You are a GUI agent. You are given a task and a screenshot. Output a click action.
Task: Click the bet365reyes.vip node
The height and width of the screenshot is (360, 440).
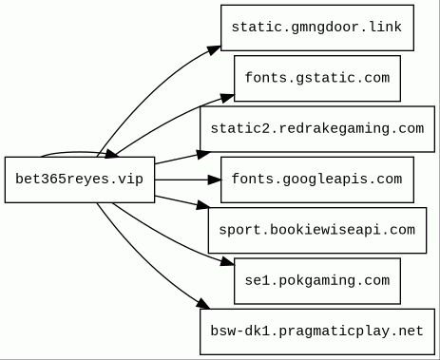click(80, 180)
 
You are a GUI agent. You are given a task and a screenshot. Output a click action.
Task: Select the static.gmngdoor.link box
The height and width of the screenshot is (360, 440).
click(317, 28)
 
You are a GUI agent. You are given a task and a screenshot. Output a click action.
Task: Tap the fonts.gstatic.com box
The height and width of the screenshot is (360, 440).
click(317, 78)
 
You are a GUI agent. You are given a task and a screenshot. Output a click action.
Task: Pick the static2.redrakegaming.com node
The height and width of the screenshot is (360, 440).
click(317, 129)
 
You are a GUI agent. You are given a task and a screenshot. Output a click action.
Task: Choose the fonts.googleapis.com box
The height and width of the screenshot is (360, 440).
click(317, 180)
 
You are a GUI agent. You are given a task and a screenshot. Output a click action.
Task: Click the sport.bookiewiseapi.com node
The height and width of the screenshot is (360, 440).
click(317, 230)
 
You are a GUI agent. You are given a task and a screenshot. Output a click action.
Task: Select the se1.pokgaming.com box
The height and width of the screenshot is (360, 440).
click(317, 281)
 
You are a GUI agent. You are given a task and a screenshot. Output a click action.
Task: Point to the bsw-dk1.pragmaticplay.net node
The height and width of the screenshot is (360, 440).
click(317, 332)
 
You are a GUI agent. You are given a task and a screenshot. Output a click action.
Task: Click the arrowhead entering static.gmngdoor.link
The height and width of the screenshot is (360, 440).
click(214, 50)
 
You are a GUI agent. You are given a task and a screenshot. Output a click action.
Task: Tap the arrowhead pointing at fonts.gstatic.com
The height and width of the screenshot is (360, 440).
click(227, 98)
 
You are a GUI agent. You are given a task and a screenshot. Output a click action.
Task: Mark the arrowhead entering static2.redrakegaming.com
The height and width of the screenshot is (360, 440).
click(203, 154)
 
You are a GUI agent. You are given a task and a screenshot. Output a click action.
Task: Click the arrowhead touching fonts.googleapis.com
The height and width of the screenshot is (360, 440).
click(215, 180)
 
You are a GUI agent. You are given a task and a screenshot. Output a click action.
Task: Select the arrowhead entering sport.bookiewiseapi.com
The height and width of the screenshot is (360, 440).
click(203, 205)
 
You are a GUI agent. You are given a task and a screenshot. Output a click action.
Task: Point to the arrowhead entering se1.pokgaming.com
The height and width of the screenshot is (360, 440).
click(227, 261)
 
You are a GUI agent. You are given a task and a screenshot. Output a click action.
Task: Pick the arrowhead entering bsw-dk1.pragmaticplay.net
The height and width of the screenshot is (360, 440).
click(203, 304)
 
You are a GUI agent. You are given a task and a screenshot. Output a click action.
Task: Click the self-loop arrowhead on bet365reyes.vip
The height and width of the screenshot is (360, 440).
click(112, 154)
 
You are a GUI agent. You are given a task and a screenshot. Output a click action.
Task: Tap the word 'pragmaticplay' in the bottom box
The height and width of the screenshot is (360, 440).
click(334, 332)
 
